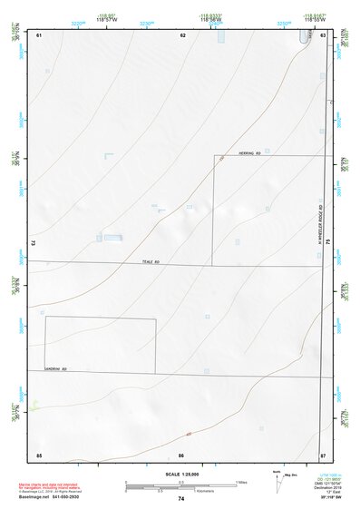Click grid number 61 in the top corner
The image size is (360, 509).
pyautogui.click(x=38, y=34)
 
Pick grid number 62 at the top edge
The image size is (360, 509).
pyautogui.click(x=182, y=34)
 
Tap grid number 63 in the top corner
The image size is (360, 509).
pyautogui.click(x=322, y=34)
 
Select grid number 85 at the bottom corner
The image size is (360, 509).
pyautogui.click(x=38, y=454)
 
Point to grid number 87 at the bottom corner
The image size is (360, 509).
pyautogui.click(x=322, y=454)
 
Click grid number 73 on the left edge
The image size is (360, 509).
pyautogui.click(x=33, y=243)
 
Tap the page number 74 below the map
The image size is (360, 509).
pyautogui.click(x=180, y=498)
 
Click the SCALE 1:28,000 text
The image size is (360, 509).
pyautogui.click(x=180, y=474)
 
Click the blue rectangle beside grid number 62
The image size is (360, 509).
pyautogui.click(x=219, y=36)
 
